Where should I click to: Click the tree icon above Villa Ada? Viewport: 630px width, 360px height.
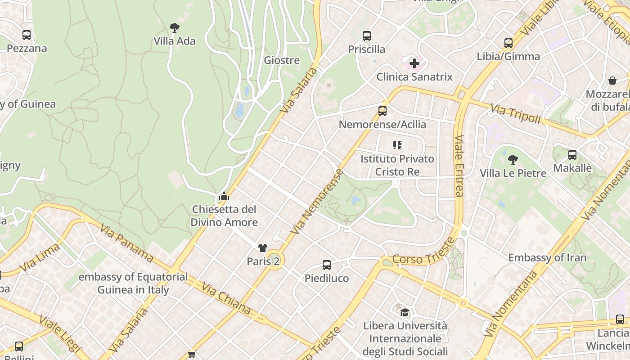175,28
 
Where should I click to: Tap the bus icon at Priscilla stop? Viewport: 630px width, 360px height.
367,36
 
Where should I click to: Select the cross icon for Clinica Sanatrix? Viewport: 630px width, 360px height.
414,63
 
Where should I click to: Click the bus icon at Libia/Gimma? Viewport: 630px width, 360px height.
508,43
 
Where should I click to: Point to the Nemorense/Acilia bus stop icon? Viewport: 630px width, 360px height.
382,111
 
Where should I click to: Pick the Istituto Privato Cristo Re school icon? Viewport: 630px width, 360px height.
397,145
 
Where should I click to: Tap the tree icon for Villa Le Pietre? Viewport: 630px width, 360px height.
513,160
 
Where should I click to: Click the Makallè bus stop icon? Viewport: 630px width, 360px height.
572,155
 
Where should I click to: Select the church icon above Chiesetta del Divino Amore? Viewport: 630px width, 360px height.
224,196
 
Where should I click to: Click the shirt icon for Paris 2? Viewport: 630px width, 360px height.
263,248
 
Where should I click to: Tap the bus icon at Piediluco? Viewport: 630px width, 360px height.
327,265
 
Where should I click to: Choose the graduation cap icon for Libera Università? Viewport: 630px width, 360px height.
405,312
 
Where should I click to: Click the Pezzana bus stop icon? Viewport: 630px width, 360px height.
27,35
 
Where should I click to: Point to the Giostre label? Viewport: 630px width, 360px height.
282,60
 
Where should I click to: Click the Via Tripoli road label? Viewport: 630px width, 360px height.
515,113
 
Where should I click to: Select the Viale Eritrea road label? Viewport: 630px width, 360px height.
459,166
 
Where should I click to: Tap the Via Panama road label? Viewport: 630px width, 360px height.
127,243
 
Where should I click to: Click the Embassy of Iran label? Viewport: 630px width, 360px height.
547,258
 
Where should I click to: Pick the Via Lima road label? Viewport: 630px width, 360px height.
40,257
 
